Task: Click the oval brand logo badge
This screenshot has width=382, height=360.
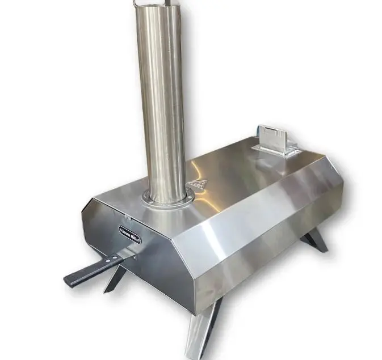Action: tap(131, 232)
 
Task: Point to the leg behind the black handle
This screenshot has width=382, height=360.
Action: tap(116, 279)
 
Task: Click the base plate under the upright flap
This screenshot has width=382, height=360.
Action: tap(279, 150)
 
